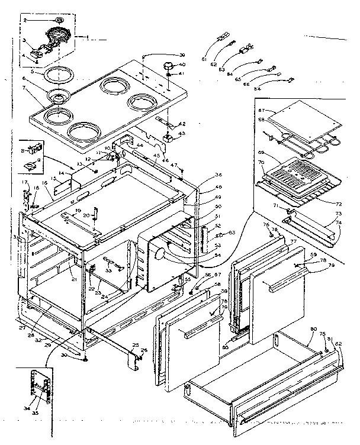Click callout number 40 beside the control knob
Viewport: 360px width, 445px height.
click(x=182, y=65)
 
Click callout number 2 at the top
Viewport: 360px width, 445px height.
click(x=25, y=21)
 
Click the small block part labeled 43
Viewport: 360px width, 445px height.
click(x=168, y=137)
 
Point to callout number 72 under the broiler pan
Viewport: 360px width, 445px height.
click(x=336, y=203)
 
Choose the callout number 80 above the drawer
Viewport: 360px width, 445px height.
click(x=313, y=329)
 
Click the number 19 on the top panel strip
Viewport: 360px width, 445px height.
click(x=79, y=212)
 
